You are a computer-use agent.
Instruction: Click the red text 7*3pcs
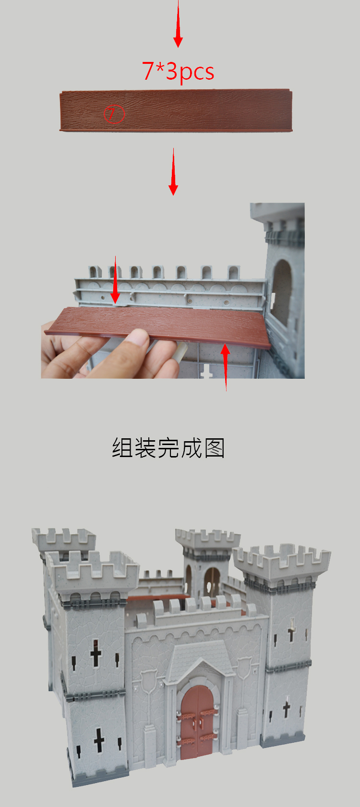tap(178, 72)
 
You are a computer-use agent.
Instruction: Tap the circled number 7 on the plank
tap(114, 114)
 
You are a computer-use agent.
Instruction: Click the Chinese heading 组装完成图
tap(168, 448)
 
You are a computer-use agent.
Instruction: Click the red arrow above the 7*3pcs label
tap(178, 24)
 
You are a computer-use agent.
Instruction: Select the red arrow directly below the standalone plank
tap(173, 171)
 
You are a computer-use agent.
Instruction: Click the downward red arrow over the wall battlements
tap(115, 279)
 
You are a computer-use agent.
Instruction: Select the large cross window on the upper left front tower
tap(96, 652)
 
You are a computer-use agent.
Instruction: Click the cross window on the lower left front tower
tap(99, 740)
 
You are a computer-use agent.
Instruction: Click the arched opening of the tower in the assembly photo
tap(282, 292)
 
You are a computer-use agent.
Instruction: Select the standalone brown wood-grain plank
tap(176, 110)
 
